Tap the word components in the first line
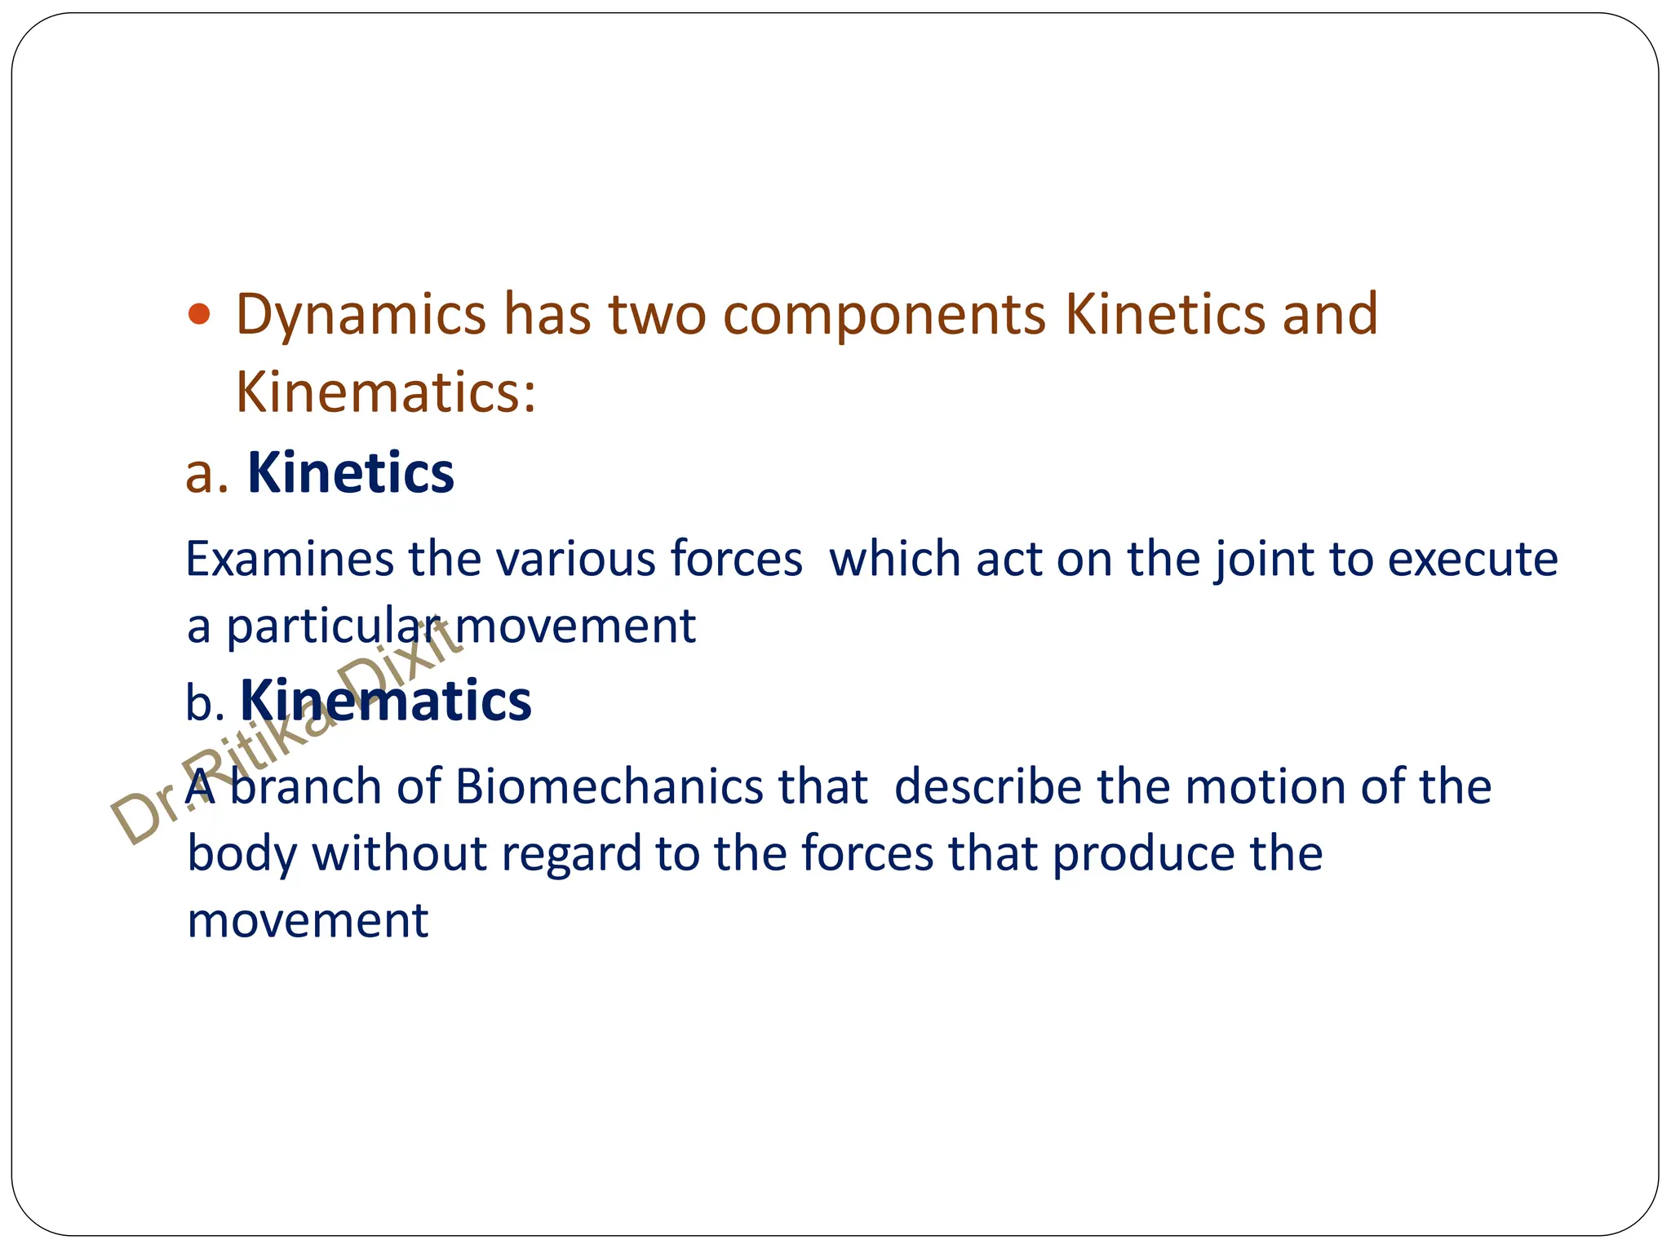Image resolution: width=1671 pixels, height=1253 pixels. [884, 316]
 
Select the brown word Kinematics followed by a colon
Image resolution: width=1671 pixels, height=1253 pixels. [385, 392]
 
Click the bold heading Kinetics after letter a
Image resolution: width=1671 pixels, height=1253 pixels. [350, 473]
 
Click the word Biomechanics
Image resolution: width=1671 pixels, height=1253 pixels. [608, 788]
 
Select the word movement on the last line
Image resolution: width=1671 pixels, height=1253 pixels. [308, 922]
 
